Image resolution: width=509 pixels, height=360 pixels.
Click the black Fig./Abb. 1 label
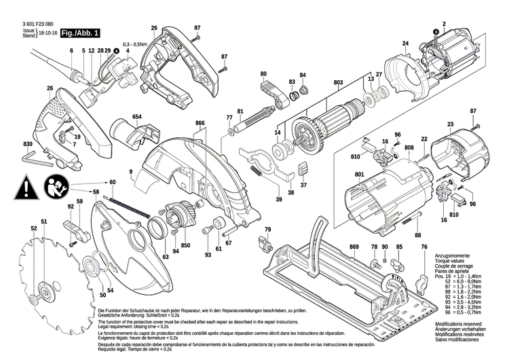(80, 33)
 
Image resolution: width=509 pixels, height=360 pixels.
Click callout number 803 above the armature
(338, 83)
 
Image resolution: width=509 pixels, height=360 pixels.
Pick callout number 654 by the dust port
(136, 116)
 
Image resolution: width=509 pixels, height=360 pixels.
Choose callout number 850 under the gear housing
(185, 245)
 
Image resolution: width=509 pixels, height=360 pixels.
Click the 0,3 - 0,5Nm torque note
(136, 44)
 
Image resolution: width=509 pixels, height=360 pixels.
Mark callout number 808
(409, 147)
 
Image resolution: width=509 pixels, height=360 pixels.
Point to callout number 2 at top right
(444, 24)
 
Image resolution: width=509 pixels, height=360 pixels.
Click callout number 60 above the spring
(113, 181)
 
